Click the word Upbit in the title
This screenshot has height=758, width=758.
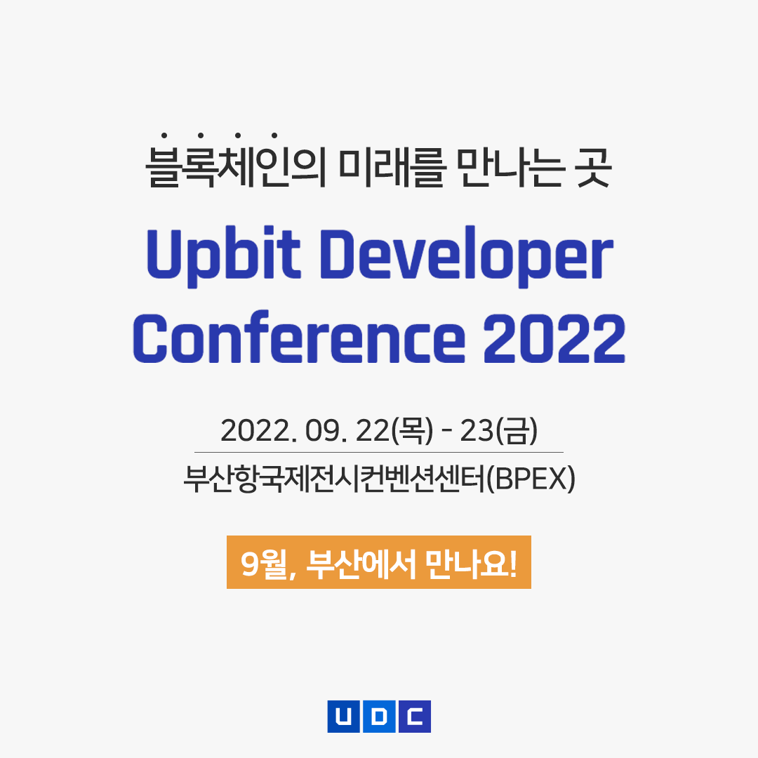(x=223, y=256)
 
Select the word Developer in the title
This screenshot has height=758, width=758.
(x=467, y=256)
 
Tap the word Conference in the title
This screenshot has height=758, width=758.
(x=299, y=337)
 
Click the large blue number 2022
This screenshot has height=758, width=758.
(x=554, y=338)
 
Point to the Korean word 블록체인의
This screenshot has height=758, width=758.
(x=236, y=162)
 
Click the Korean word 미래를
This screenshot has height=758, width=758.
(x=391, y=167)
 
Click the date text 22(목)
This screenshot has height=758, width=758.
(x=394, y=430)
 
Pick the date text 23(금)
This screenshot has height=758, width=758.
(x=498, y=430)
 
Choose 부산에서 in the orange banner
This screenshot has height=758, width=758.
(x=361, y=564)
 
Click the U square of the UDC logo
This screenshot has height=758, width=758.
(x=343, y=717)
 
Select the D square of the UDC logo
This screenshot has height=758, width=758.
(x=379, y=717)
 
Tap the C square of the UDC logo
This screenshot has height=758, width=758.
(x=415, y=717)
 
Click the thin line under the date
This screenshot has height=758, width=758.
(x=379, y=453)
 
